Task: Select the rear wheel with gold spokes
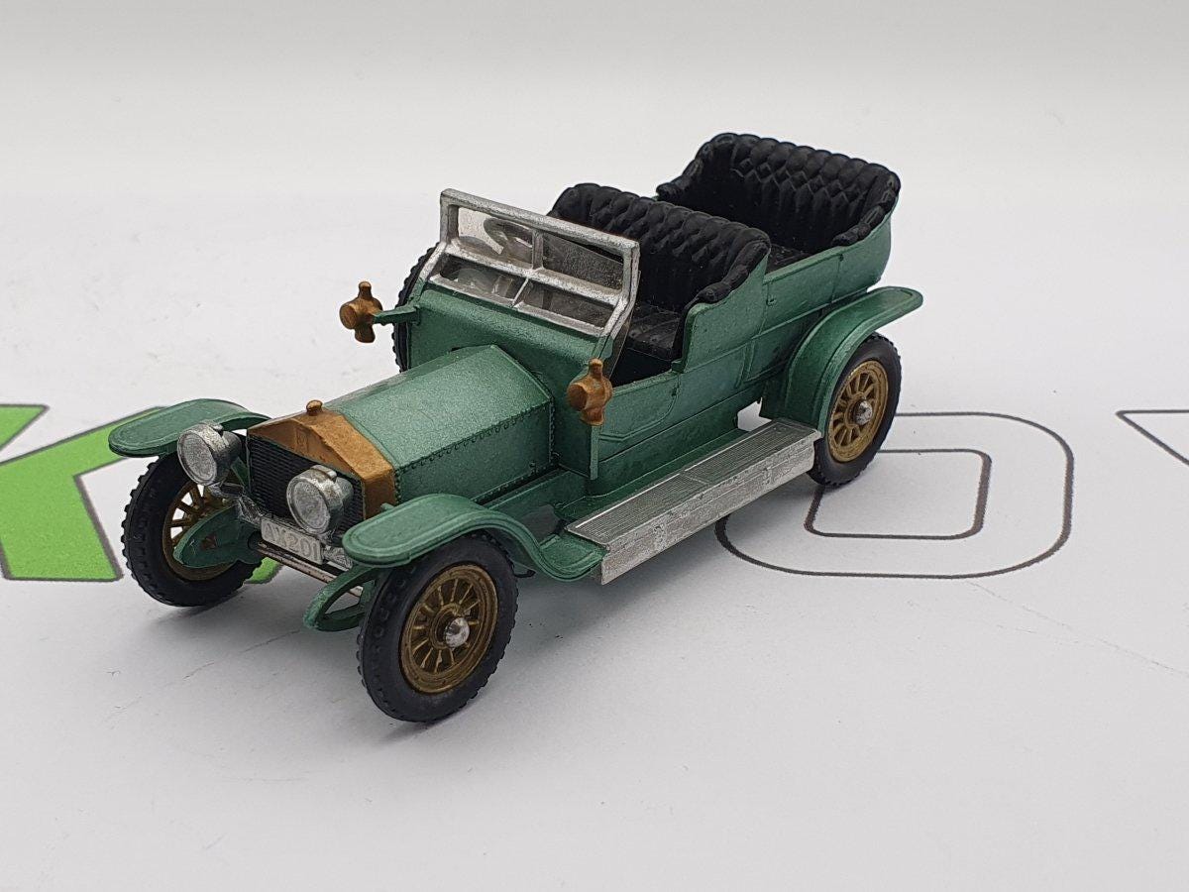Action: click(857, 410)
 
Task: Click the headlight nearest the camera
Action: click(318, 502)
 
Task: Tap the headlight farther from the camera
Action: click(205, 454)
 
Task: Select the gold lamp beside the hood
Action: click(591, 392)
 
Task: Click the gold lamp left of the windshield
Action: click(362, 311)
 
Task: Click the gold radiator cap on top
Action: click(314, 408)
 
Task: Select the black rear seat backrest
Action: click(783, 187)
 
